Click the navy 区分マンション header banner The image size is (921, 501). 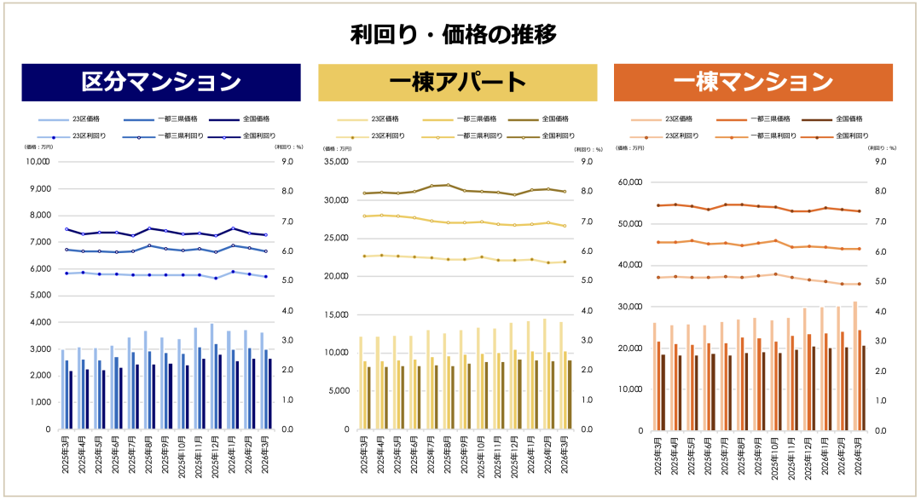(161, 83)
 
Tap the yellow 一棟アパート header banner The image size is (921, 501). (457, 83)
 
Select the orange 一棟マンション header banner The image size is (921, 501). (753, 83)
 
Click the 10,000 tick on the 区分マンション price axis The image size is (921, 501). (39, 161)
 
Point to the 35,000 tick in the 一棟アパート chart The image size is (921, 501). (335, 162)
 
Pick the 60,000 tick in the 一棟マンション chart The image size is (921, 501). (631, 182)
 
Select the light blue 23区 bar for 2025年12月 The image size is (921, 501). (212, 376)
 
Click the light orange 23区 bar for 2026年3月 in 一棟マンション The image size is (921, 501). (855, 366)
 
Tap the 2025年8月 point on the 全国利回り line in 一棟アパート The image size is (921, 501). (448, 185)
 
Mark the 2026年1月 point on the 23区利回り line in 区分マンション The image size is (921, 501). (233, 272)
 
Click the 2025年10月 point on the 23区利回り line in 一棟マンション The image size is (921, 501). (775, 274)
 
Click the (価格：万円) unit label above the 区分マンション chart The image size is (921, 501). (39, 147)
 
